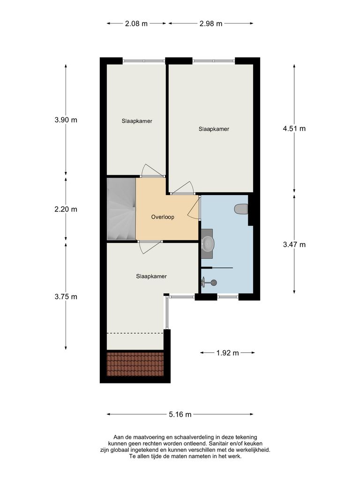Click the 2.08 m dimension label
(136, 23)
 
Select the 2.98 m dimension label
(211, 23)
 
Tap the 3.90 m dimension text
(66, 120)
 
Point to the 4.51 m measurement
(294, 128)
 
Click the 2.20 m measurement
(66, 209)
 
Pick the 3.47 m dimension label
(294, 244)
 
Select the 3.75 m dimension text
(66, 296)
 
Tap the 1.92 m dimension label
(227, 352)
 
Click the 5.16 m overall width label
(180, 414)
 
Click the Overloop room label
(163, 217)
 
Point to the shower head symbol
(213, 282)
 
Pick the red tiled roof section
(135, 364)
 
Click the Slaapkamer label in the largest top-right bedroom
(214, 129)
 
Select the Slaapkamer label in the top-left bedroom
(136, 121)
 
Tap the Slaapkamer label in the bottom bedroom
(151, 277)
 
